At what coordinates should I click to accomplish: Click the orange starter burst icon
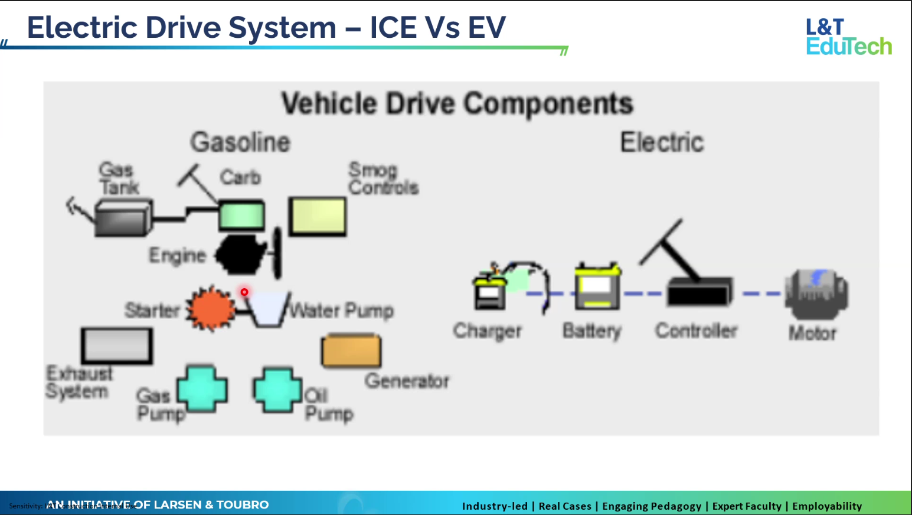(x=210, y=309)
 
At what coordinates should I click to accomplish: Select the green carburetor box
(x=241, y=215)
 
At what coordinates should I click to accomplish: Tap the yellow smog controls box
(x=317, y=217)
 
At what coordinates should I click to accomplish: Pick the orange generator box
(x=351, y=351)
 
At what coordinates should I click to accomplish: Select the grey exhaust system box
(x=117, y=345)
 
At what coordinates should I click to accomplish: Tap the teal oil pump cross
(x=277, y=389)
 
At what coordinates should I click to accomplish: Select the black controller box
(x=699, y=292)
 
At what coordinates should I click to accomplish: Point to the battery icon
(x=597, y=287)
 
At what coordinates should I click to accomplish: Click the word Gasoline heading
(x=240, y=142)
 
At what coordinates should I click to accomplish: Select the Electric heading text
(x=662, y=142)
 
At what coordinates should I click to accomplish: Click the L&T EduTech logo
(x=848, y=37)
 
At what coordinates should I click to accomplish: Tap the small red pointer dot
(x=244, y=292)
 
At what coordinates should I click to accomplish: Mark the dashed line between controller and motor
(x=761, y=294)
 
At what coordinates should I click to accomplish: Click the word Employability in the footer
(x=826, y=506)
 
